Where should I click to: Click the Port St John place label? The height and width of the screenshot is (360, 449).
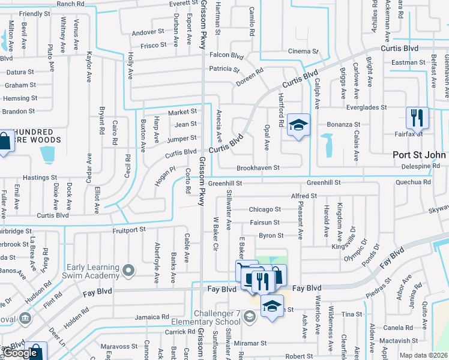point(419,154)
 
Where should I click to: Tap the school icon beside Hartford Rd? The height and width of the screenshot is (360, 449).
point(298,125)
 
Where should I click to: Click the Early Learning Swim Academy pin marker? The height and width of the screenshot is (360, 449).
point(127,272)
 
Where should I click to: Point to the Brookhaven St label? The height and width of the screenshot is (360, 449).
point(258,168)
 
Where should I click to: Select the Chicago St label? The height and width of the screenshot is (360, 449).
point(265,209)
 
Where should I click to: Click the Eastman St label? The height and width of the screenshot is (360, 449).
point(408,62)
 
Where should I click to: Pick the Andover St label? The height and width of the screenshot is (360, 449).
point(148,32)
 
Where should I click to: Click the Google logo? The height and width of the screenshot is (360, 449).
point(21,353)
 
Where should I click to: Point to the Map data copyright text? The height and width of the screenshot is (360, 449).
point(423,355)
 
